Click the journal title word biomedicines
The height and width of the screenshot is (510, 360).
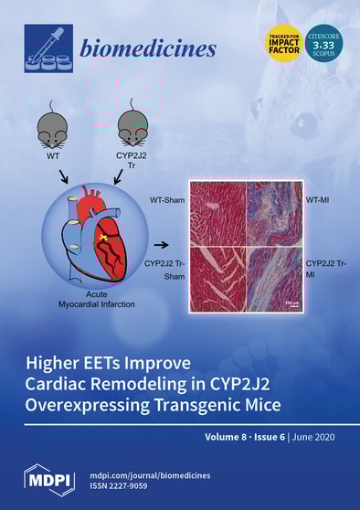pos(161,48)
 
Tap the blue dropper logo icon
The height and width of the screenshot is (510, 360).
pos(44,48)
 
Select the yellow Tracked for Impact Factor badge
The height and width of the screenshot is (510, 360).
pos(281,42)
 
